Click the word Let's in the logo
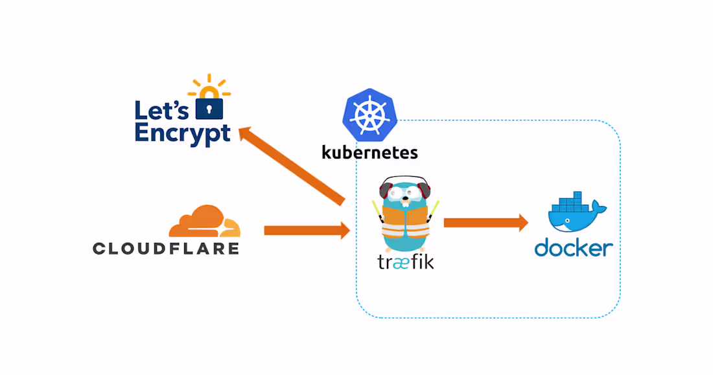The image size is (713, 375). point(161,109)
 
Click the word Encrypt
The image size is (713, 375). point(182,133)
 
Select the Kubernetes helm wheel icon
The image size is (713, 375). point(368,116)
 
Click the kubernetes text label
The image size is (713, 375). point(369,153)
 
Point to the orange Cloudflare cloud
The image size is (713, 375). point(204,222)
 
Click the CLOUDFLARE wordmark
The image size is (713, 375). point(166,248)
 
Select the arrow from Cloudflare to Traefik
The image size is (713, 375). point(306,230)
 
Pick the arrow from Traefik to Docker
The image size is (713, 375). point(485,223)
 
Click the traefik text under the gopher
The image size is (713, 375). point(405,262)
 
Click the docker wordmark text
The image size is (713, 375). point(574,248)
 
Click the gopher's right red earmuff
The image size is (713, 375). point(426,190)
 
